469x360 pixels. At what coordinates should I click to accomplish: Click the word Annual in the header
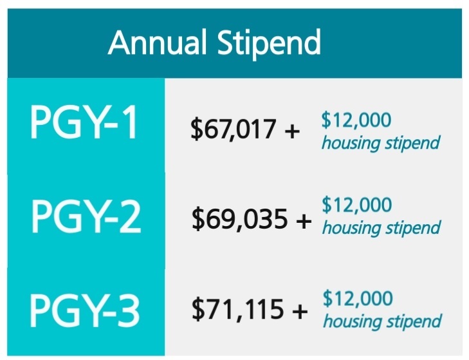[158, 43]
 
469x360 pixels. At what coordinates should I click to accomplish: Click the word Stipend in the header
[269, 44]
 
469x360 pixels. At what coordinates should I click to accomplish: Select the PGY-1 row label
[84, 122]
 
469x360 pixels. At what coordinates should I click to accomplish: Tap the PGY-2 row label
[86, 216]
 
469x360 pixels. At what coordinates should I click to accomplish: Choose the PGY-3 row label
[84, 310]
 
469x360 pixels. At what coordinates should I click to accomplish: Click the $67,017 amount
[233, 129]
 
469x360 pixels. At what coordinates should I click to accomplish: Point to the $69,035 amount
[239, 219]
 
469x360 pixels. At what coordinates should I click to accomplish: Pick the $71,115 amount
[237, 310]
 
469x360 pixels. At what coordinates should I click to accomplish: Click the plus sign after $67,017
[292, 131]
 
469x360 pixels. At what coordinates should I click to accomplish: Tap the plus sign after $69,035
[304, 221]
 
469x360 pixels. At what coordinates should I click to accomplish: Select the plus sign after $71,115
[300, 311]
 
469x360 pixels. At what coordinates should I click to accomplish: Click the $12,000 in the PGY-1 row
[356, 120]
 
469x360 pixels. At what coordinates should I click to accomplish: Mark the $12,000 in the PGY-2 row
[357, 205]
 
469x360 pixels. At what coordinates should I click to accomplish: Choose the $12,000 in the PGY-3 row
[358, 298]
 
